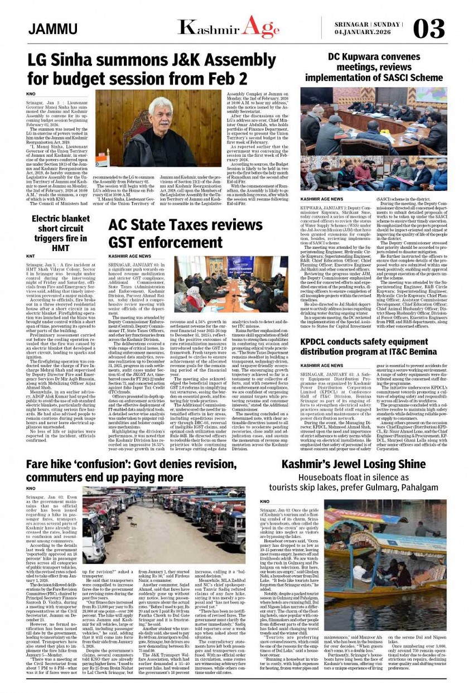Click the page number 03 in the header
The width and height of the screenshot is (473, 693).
click(429, 28)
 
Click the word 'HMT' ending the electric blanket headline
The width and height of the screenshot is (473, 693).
click(60, 248)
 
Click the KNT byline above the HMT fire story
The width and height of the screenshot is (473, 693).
click(31, 257)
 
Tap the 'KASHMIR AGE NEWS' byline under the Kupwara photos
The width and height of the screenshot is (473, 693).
click(322, 199)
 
